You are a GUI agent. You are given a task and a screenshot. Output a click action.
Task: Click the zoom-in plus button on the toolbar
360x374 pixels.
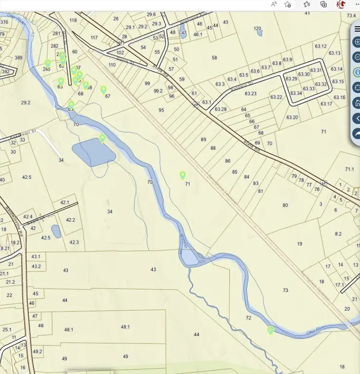357,42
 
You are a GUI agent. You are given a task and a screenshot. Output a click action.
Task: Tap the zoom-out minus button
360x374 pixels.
357,57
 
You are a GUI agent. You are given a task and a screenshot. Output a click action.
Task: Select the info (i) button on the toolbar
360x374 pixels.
357,72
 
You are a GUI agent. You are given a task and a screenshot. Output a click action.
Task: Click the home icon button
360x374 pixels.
357,103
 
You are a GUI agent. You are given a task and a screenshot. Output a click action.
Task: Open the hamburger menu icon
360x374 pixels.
357,29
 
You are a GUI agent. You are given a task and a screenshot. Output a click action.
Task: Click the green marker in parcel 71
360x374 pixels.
183,175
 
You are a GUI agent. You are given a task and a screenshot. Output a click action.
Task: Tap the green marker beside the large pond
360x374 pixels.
102,138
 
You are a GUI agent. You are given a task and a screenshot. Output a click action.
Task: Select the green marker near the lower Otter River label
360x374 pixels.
271,331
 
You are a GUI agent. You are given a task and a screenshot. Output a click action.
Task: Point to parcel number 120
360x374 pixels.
257,29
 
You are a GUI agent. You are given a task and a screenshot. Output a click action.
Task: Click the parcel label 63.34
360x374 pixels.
296,93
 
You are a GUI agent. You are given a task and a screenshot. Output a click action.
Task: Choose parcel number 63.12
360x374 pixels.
320,46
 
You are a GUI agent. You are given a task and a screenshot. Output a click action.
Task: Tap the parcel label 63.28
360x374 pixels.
220,109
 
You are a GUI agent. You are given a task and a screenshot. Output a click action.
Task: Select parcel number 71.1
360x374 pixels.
349,169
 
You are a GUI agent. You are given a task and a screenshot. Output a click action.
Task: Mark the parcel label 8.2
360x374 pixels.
338,234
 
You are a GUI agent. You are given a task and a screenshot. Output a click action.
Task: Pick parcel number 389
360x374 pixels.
19,58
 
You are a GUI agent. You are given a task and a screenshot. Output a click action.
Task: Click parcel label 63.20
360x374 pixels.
292,117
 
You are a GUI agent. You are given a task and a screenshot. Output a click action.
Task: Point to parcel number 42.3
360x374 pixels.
74,242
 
